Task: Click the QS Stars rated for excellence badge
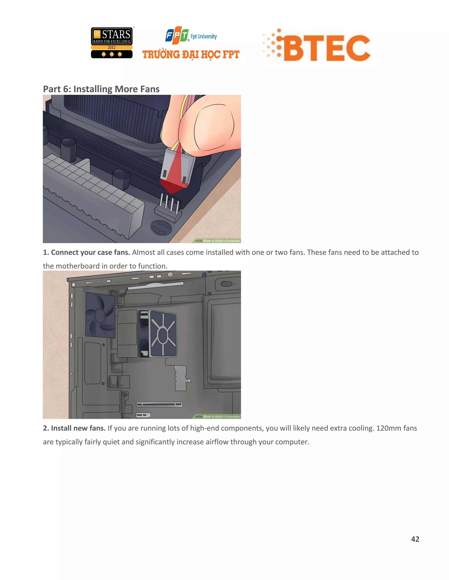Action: coord(112,43)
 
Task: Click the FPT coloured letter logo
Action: coord(177,35)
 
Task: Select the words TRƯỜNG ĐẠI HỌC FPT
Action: coord(191,55)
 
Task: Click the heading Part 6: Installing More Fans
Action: coord(101,89)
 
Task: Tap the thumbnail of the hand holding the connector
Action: coord(202,125)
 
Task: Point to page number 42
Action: coord(415,539)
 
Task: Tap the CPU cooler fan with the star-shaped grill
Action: coord(162,334)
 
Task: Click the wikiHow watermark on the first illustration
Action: coord(217,241)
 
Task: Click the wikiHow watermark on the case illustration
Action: coord(217,417)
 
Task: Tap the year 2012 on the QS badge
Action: coord(112,47)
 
